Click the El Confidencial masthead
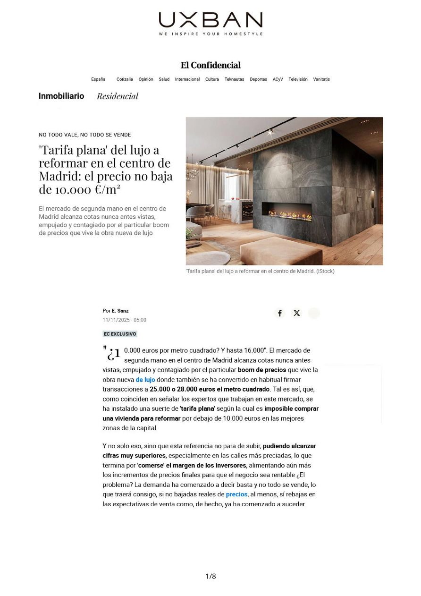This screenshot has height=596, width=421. (x=210, y=65)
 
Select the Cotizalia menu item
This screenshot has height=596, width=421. (x=125, y=79)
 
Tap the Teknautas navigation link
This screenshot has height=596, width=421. (x=234, y=79)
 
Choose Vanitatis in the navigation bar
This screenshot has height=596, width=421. (x=321, y=79)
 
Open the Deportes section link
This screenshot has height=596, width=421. (x=258, y=79)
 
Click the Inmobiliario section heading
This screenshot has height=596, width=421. (x=61, y=96)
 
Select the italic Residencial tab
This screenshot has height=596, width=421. (x=118, y=96)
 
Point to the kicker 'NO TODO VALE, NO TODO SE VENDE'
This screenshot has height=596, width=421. (x=85, y=135)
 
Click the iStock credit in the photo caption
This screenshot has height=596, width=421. (x=325, y=271)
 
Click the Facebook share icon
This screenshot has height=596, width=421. (x=280, y=313)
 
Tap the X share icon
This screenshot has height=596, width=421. (x=296, y=313)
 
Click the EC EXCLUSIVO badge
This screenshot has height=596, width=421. (x=120, y=334)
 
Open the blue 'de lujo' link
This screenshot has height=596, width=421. (x=145, y=380)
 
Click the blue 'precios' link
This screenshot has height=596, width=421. (x=236, y=494)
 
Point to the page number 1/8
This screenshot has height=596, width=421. (x=210, y=576)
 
